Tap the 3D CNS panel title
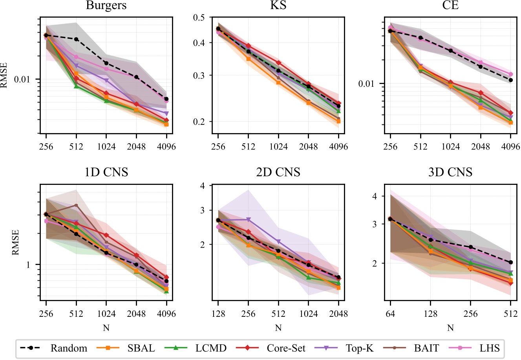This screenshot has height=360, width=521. click(450, 172)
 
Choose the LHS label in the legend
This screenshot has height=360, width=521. click(489, 348)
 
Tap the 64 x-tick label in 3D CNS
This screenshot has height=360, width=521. click(390, 314)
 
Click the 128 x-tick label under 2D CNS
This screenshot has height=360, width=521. click(218, 314)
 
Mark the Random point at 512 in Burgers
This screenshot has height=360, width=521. click(76, 39)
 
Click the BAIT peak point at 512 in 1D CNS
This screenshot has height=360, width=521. click(76, 205)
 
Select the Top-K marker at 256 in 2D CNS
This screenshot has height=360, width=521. click(248, 219)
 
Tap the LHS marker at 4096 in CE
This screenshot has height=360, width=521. click(510, 74)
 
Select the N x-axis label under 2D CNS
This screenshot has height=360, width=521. click(278, 328)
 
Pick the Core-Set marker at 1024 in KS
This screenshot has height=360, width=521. click(278, 63)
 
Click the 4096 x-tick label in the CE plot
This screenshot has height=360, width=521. click(510, 147)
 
